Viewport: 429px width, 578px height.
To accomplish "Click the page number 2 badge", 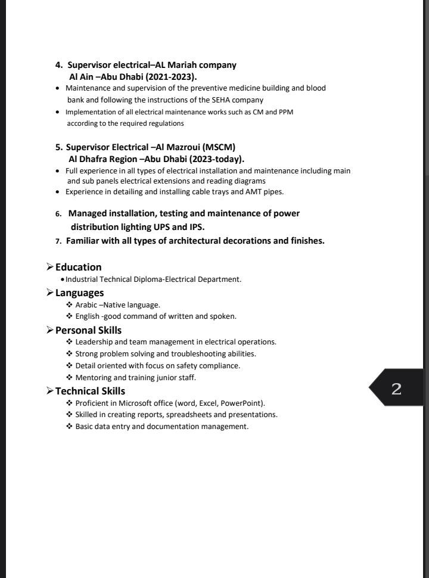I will pos(396,389).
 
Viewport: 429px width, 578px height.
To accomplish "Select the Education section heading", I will pos(78,267).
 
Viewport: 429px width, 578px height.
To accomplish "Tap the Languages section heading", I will pos(79,293).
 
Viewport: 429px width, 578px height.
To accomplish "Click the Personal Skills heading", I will pos(88,330).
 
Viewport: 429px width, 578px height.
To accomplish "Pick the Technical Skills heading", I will pos(90,391).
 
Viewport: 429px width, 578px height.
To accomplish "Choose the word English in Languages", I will pos(88,316).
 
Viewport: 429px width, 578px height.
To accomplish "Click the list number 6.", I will pos(58,214).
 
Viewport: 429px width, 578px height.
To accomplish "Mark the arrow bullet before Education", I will pos(50,267).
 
